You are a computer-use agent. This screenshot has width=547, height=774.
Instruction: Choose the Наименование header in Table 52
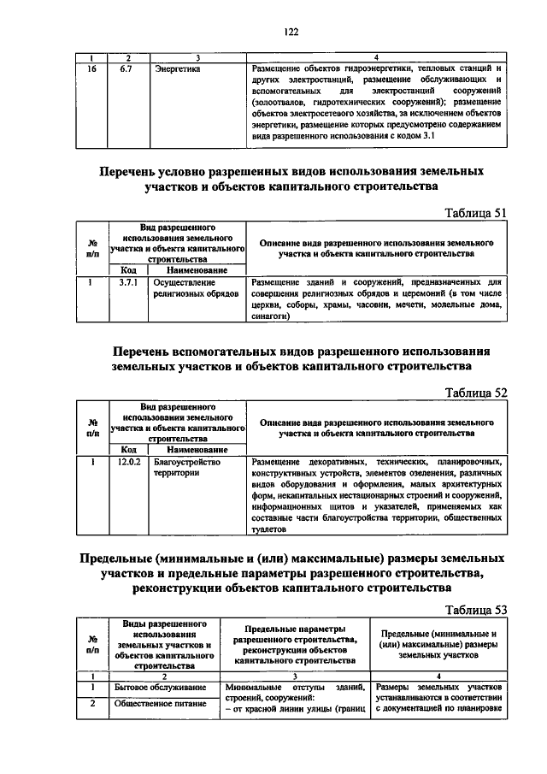[x=197, y=448]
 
